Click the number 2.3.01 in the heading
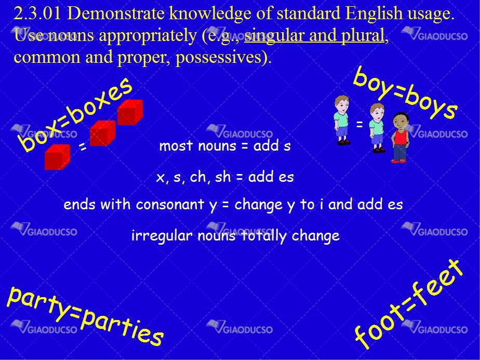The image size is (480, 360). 37,14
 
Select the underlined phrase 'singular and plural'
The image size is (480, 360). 314,35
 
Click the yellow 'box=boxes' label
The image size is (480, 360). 75,114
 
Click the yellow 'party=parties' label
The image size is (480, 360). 85,315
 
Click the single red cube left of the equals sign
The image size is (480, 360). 57,157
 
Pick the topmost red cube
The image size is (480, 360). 130,112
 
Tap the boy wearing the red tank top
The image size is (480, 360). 399,138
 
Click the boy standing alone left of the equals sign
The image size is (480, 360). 342,120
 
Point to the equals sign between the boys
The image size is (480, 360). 359,124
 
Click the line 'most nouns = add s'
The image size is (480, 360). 225,145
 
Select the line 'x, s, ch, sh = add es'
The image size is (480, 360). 225,177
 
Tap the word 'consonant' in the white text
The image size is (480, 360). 170,205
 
